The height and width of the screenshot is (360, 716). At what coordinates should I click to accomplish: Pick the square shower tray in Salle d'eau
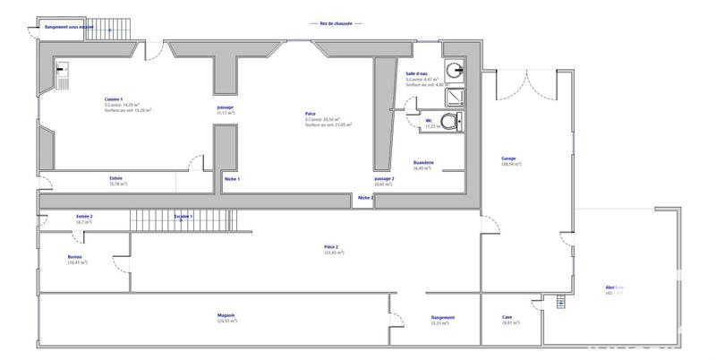(x=456, y=94)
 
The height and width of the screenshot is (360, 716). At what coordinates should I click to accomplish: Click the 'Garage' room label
(x=508, y=159)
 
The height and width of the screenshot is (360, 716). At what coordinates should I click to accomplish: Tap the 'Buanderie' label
(x=423, y=162)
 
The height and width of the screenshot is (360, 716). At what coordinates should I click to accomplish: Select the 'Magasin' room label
(x=226, y=315)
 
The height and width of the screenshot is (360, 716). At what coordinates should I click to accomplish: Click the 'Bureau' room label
(x=76, y=256)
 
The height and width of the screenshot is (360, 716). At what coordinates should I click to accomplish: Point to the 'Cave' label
(x=507, y=316)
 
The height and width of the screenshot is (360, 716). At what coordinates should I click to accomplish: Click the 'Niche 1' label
(x=232, y=179)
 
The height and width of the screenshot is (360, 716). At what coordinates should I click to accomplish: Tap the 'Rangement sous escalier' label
(x=63, y=27)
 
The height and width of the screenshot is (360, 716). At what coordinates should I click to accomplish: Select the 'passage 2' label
(x=385, y=179)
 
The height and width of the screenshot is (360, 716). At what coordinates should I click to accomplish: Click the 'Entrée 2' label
(x=85, y=217)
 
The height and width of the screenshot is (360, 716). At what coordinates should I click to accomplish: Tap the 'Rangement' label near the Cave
(x=442, y=317)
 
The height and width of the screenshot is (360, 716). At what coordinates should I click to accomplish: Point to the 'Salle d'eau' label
(x=417, y=73)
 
